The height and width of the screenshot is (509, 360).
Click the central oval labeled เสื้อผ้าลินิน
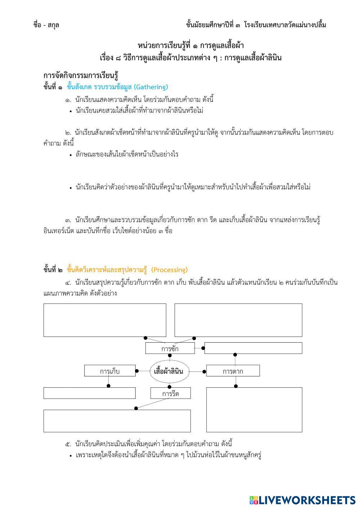tap(168, 371)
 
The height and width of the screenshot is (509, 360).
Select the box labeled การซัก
tap(170, 348)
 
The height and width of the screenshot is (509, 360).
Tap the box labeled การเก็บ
tap(110, 371)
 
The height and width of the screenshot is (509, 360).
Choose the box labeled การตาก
tap(233, 371)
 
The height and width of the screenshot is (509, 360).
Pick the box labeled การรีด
tap(170, 393)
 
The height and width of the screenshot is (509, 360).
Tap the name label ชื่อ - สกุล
tap(46, 25)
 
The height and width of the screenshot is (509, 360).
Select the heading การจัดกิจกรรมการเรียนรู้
tap(81, 76)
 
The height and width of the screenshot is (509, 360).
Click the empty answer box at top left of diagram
tap(105, 320)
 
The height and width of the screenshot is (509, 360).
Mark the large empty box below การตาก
tap(254, 410)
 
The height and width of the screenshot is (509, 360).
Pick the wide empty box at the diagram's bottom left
tap(117, 421)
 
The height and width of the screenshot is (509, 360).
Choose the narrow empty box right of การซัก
tap(253, 348)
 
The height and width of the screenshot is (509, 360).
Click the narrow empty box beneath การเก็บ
tap(90, 393)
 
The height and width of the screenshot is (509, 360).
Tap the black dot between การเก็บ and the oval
tap(137, 371)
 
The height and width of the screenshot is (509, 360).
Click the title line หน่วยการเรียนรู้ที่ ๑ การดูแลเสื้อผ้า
tap(191, 46)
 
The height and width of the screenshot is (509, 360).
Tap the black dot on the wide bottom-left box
tap(136, 408)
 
